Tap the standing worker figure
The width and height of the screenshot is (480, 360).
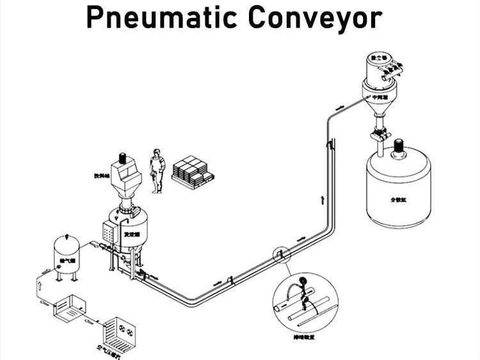[x=156, y=170]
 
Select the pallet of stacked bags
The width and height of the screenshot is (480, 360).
[x=192, y=172]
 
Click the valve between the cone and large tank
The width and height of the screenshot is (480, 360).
[x=381, y=135]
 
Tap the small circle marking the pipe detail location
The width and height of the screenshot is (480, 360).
[x=280, y=256]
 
